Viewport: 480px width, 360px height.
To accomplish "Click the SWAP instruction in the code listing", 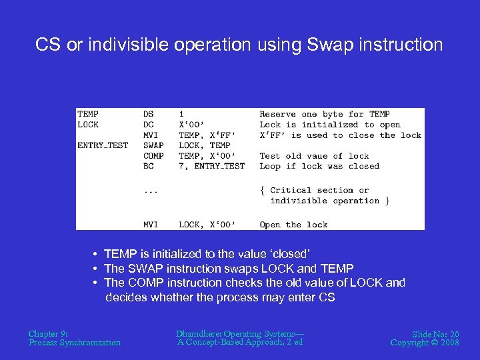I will coord(153,145).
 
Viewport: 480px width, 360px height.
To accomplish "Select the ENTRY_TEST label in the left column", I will coord(103,145).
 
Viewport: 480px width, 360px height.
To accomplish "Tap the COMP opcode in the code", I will coord(153,156).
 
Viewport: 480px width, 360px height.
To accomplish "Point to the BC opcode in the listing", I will coord(148,166).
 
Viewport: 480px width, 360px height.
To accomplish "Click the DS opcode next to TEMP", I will coord(148,114).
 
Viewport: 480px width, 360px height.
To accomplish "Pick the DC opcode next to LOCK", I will coord(148,125).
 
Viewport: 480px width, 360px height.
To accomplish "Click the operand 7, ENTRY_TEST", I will coord(211,166).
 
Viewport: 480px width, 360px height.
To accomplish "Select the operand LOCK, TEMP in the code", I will coord(204,145).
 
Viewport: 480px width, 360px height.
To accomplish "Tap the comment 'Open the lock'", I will coord(293,225).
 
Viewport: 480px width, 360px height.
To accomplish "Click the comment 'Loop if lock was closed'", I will coord(319,166).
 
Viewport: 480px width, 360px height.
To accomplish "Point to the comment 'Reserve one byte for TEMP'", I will coord(324,114).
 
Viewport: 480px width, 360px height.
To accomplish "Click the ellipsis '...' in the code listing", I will coord(151,191).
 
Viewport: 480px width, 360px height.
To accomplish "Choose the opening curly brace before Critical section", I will coord(262,190).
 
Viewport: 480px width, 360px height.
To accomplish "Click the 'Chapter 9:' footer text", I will coord(48,333).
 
